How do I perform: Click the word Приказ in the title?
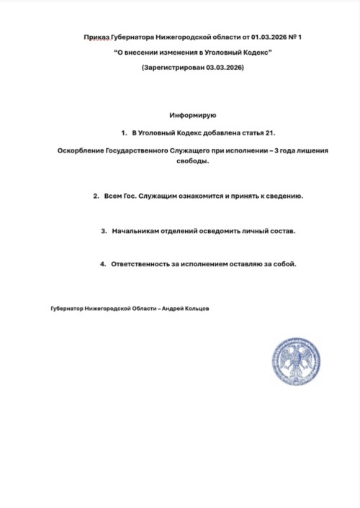(x=97, y=37)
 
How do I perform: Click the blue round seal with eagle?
(x=295, y=361)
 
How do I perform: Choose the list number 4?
(x=102, y=264)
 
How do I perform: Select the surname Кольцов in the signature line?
(x=196, y=308)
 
